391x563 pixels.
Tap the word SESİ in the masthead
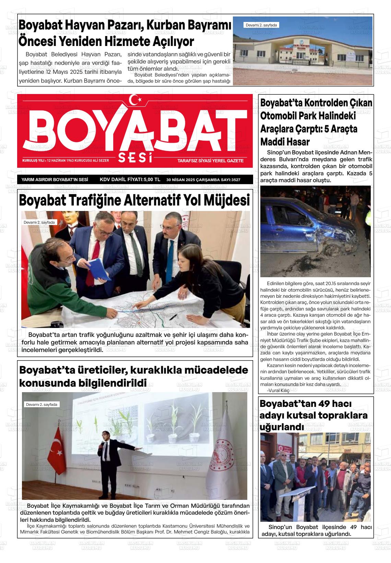click(x=135, y=158)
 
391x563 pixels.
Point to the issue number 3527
click(x=235, y=180)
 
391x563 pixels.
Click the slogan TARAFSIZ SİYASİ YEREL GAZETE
click(x=210, y=161)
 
